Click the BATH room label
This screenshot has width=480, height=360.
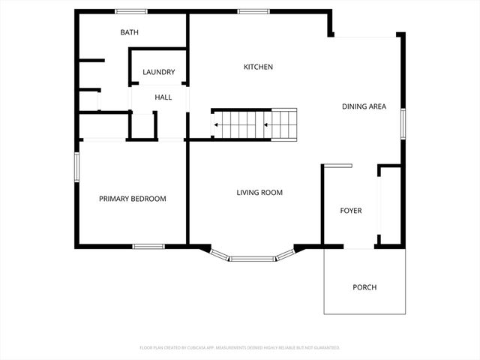[130, 33]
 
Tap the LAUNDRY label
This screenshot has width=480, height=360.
[159, 73]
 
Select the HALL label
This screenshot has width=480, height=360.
[163, 97]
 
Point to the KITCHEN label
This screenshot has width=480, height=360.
[258, 67]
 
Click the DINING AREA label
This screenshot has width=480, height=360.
[364, 106]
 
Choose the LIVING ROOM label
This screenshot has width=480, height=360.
[259, 193]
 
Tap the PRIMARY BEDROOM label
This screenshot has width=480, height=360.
[133, 199]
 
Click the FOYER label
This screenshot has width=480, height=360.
[351, 211]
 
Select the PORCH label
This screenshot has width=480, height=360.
[364, 287]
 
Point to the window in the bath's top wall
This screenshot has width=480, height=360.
[131, 10]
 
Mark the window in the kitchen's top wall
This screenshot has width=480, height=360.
[253, 10]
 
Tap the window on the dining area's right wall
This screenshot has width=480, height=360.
[403, 123]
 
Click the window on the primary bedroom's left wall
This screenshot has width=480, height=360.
[76, 166]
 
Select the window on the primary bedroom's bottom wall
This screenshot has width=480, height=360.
[148, 246]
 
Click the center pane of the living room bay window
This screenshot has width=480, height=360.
[252, 259]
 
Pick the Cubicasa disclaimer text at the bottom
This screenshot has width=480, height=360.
[240, 348]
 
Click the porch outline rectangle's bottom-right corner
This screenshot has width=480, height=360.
[406, 313]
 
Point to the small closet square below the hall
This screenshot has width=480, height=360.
[142, 125]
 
